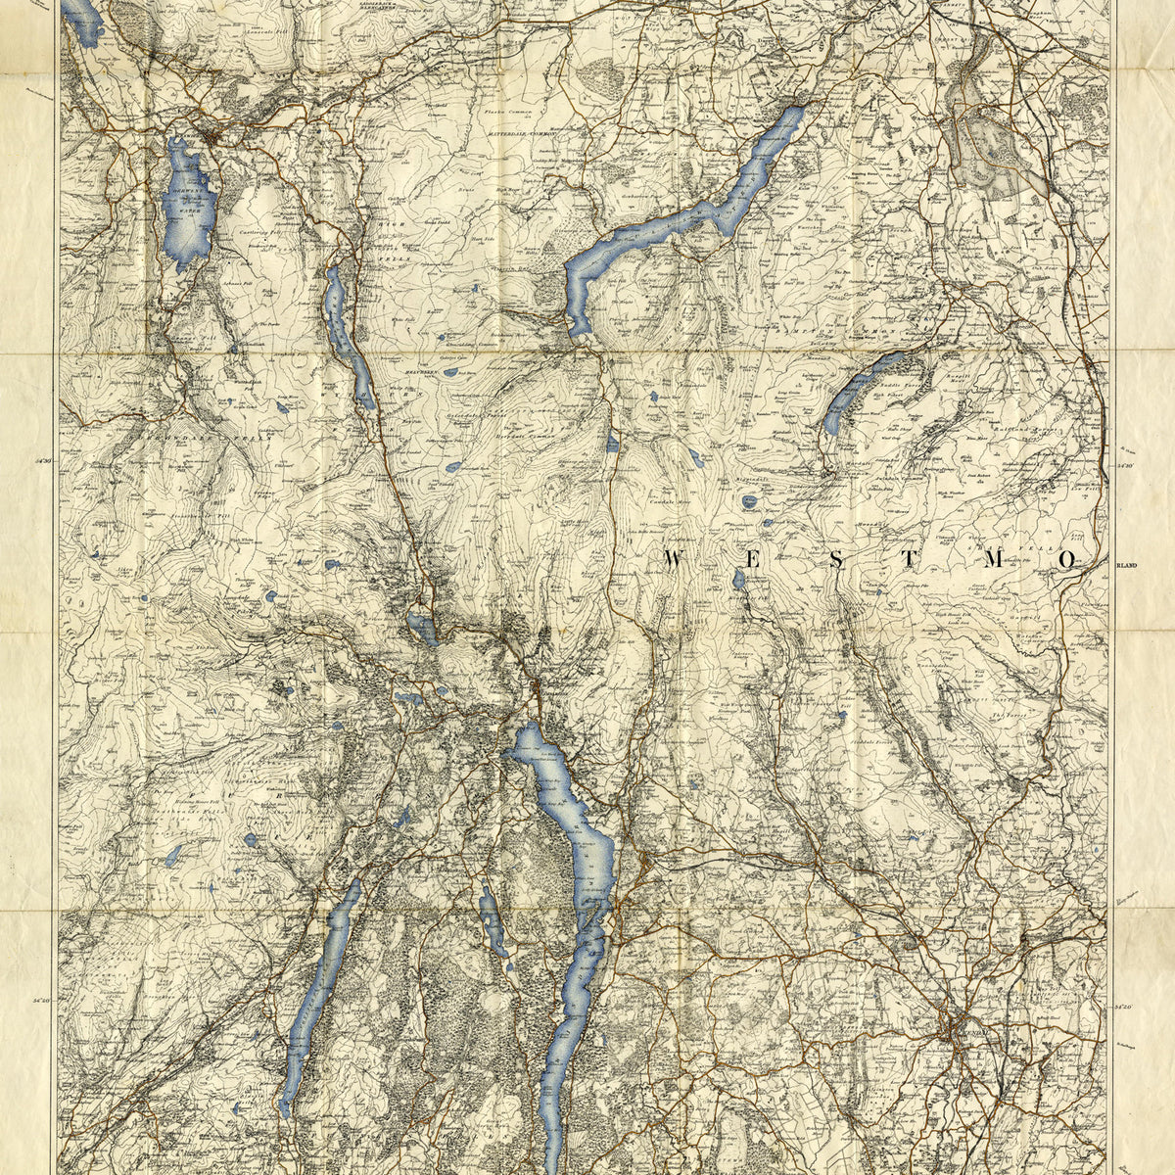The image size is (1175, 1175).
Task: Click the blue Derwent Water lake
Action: pyautogui.click(x=188, y=201)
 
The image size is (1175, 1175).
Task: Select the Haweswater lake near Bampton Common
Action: pyautogui.click(x=862, y=392)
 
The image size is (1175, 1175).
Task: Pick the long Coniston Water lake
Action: pyautogui.click(x=318, y=989)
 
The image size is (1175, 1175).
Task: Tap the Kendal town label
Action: pyautogui.click(x=964, y=1035)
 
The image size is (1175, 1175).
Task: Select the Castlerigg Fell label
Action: pyautogui.click(x=257, y=235)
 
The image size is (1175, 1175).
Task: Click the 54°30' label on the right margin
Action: pyautogui.click(x=1124, y=467)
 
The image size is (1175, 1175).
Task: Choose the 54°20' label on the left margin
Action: pyautogui.click(x=42, y=1001)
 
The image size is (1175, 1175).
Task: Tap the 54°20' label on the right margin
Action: pyautogui.click(x=1124, y=1007)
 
